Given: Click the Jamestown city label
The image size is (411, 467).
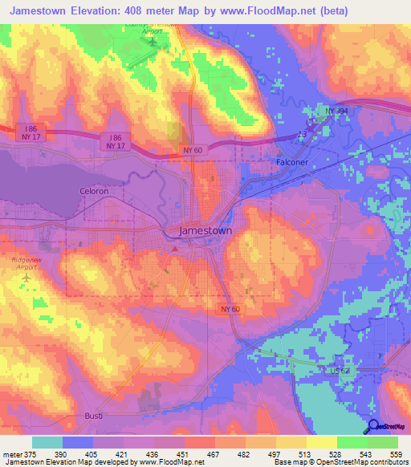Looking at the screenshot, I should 205,230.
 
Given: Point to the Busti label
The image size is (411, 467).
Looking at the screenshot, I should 95,416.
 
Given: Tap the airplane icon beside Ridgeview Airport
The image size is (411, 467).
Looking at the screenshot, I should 28,277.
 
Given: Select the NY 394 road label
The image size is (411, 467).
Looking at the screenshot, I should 337,111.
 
